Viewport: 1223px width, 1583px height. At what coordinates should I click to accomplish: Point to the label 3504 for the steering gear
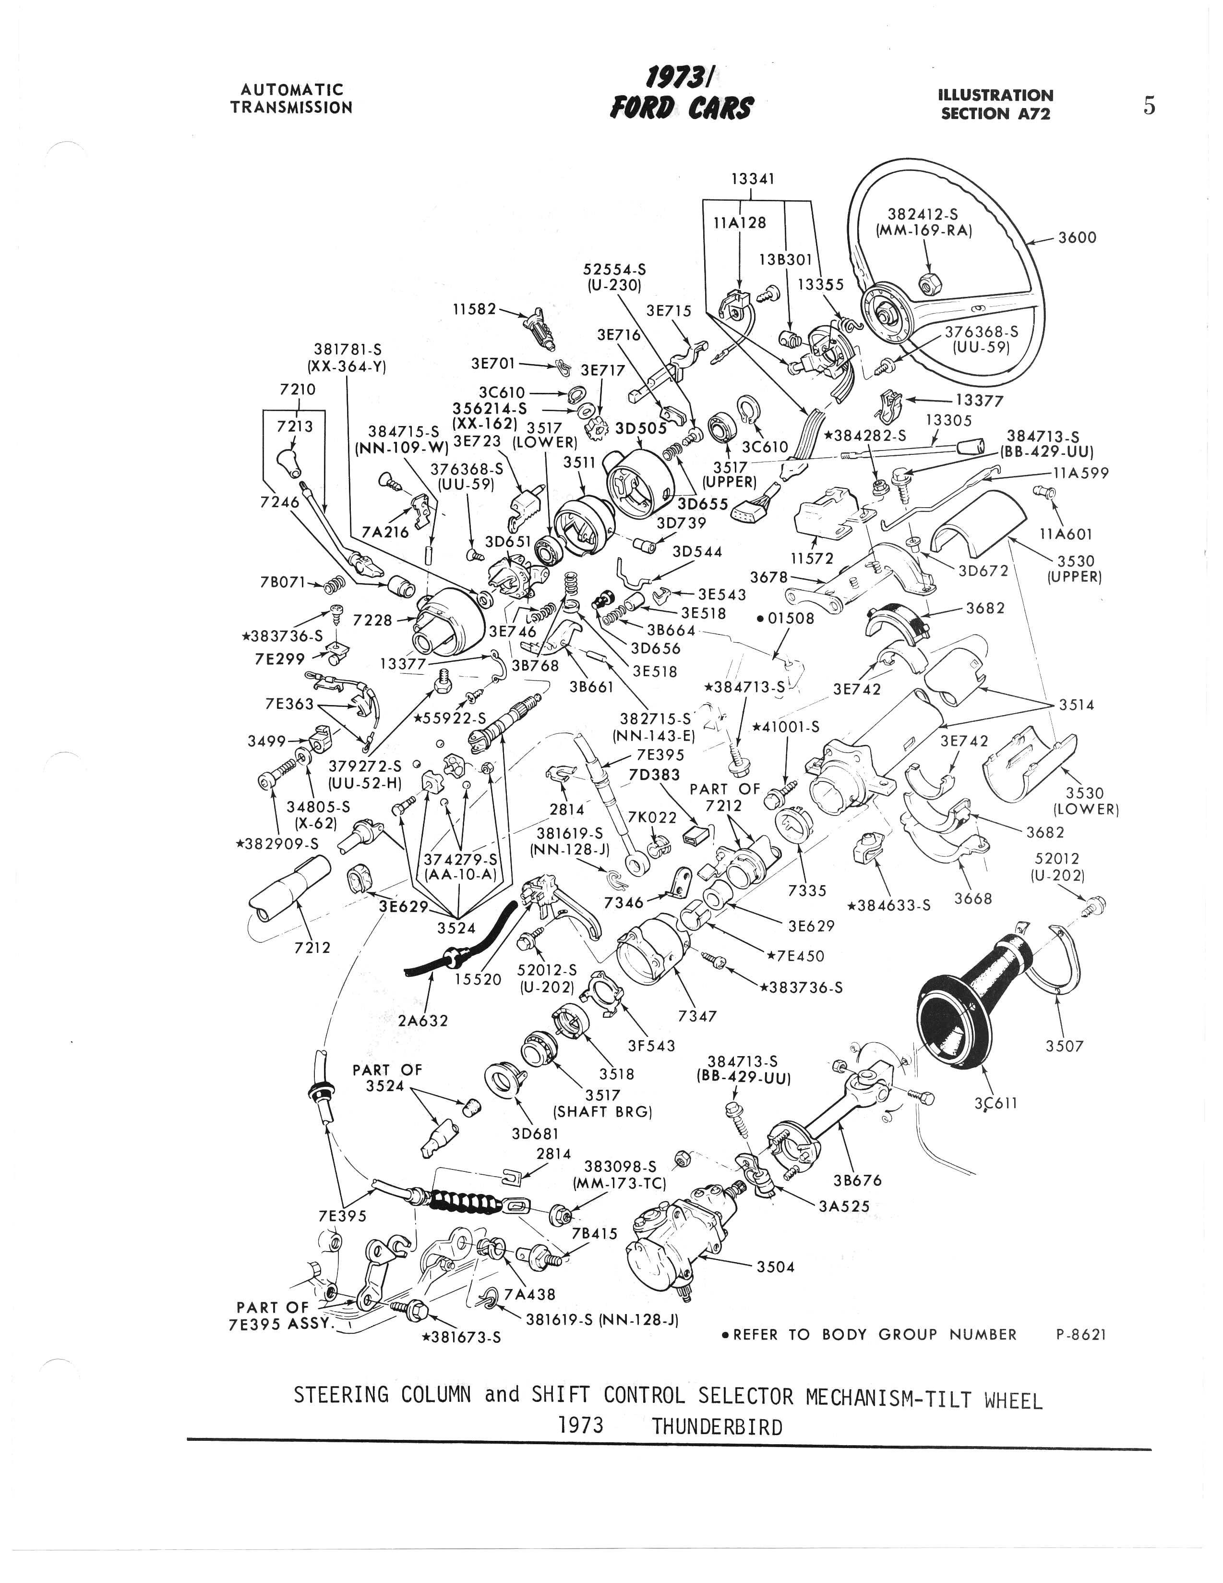tap(775, 1266)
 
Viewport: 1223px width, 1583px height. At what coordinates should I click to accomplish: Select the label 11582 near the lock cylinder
tap(475, 309)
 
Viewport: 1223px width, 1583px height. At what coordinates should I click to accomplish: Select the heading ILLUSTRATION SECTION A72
tap(995, 104)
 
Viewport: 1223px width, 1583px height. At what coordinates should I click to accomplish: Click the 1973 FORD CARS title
tap(681, 93)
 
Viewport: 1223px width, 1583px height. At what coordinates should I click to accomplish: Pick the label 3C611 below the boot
tap(997, 1103)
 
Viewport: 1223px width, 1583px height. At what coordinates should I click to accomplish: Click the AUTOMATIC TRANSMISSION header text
tap(291, 98)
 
